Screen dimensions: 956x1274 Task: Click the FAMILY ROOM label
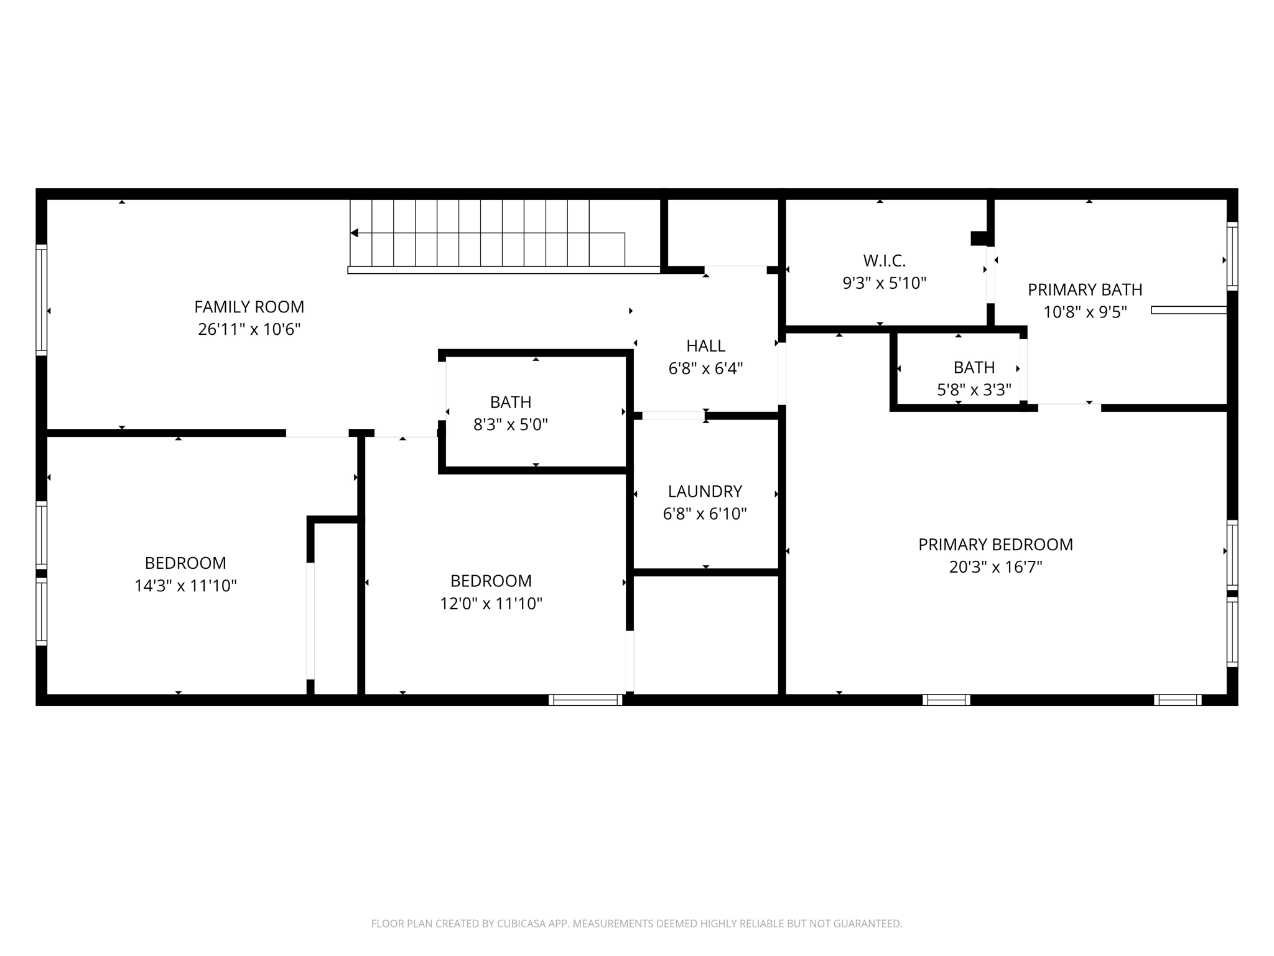[249, 307]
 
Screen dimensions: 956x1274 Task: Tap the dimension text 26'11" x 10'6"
[249, 329]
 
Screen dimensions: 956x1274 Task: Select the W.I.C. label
[884, 260]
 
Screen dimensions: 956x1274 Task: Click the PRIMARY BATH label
[1085, 289]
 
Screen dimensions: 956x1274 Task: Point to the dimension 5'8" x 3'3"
[974, 390]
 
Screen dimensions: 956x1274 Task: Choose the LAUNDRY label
[705, 491]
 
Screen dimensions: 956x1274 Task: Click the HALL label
[705, 345]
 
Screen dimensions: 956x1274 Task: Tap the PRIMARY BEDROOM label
[995, 545]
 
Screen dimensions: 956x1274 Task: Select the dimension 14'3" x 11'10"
[185, 586]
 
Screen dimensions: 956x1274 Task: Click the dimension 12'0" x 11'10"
[491, 604]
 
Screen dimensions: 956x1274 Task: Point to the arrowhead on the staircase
[354, 233]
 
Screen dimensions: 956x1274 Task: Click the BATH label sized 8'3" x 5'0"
[510, 402]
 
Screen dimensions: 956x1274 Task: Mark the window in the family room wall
[42, 299]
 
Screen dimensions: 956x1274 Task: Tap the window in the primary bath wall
[1232, 256]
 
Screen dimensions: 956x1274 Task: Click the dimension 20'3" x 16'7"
[995, 567]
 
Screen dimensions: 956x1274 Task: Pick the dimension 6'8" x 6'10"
[705, 514]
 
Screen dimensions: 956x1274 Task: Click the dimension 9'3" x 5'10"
[884, 283]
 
